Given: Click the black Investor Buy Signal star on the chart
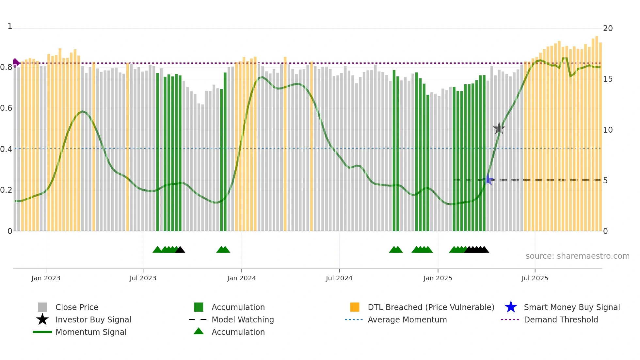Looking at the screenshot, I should (499, 128).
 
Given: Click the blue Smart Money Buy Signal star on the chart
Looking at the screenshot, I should (488, 180).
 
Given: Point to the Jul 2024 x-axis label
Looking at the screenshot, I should (339, 278).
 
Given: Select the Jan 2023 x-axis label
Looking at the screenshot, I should (46, 278).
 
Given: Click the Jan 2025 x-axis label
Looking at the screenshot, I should (438, 278).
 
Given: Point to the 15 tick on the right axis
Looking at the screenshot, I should (608, 79).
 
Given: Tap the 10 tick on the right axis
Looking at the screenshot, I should (608, 130).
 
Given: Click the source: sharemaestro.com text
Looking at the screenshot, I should (577, 256).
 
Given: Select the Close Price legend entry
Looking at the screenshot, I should (77, 307).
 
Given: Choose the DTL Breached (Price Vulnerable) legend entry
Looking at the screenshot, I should (431, 307).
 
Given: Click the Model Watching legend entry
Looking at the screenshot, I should (243, 319).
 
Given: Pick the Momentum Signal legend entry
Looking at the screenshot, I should (91, 332).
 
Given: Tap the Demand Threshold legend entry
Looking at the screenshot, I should (561, 319).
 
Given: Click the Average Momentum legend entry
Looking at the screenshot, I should (407, 319).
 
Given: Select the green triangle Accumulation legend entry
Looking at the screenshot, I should (238, 332).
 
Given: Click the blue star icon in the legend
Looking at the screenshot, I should (511, 307).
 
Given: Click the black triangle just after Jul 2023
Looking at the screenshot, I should (180, 250).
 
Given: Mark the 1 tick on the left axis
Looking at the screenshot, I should (10, 26).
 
